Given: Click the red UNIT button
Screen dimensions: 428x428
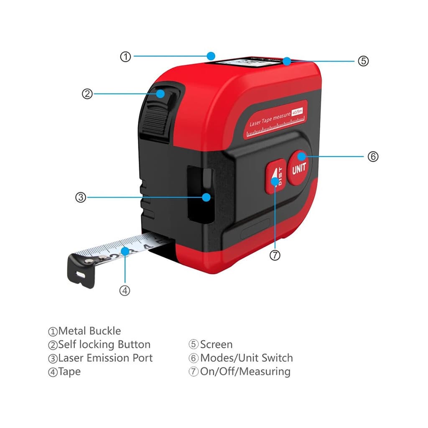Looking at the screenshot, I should pos(299,168).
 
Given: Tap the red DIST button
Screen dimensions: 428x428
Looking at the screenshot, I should pos(276,177).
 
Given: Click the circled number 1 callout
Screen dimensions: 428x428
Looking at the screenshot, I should pos(126,57).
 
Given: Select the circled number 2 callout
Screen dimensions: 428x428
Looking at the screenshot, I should pos(87,94).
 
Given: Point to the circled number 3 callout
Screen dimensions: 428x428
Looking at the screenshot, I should pos(81,197).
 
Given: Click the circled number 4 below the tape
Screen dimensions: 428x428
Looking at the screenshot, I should pos(125,290).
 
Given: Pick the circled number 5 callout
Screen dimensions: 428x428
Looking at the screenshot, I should pos(363,61).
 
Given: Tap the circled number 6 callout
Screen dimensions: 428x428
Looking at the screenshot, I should pos(373,157).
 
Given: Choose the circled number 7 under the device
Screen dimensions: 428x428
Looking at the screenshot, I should pos(275,255).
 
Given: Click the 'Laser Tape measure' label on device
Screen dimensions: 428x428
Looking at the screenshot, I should pos(270,119).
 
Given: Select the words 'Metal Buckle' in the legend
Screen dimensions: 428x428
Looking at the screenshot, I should pos(89,331).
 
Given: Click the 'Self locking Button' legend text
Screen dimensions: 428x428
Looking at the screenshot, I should pos(104,344).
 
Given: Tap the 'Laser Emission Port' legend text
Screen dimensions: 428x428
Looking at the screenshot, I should pos(105,358).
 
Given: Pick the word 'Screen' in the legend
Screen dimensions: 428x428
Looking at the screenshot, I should pos(216,344).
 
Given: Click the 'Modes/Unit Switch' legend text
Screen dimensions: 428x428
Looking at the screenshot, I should pos(246,358).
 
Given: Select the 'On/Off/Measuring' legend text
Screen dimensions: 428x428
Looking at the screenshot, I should pos(245,371).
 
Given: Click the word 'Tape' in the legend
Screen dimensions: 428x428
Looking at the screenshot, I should pos(69,371).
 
